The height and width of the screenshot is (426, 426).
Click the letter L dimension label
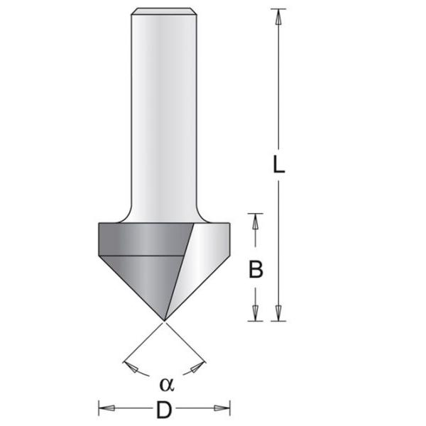coord(279,165)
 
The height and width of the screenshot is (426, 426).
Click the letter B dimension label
coord(256,269)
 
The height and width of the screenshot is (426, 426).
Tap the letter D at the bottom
coord(164,410)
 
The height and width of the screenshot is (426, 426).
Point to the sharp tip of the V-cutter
coord(164,321)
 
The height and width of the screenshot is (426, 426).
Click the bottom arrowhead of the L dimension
coord(278,313)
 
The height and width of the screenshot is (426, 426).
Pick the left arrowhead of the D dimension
coord(106,408)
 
